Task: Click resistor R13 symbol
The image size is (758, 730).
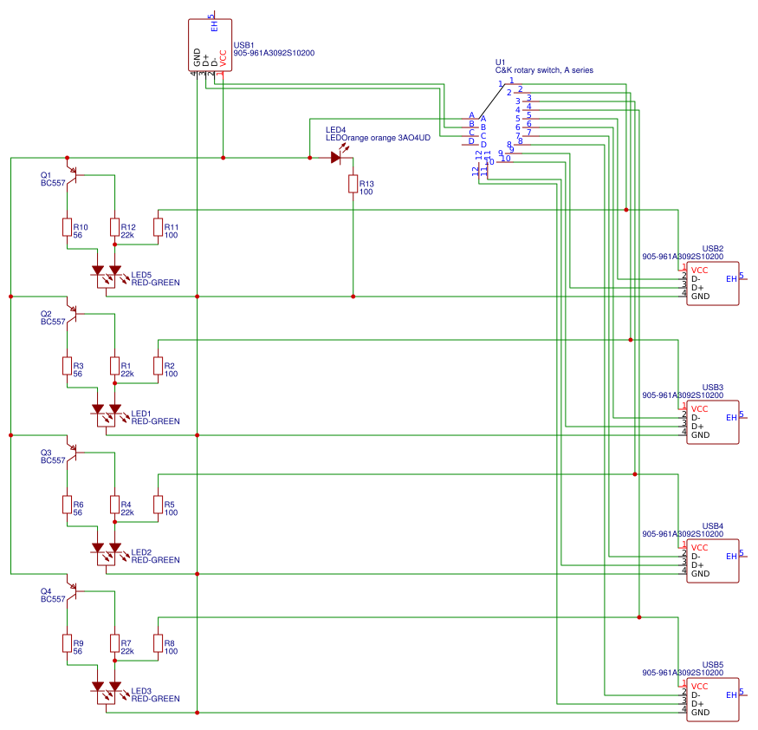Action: [353, 184]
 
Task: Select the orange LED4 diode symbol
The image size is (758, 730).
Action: [336, 158]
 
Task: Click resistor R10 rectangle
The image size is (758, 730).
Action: [67, 227]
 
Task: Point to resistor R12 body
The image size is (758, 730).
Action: [114, 227]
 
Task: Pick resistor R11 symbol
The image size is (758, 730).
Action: [158, 227]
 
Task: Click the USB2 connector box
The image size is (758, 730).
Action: [713, 284]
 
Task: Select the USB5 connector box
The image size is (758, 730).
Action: [713, 700]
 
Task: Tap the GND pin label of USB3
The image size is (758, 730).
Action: [700, 435]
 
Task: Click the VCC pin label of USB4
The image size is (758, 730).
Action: [700, 548]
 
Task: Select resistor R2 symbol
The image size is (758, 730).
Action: [158, 366]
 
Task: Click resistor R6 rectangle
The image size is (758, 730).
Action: [67, 505]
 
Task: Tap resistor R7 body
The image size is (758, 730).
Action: [114, 643]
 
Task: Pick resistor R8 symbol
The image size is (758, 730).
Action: [158, 643]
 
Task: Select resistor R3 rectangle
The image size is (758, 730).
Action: [67, 366]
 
